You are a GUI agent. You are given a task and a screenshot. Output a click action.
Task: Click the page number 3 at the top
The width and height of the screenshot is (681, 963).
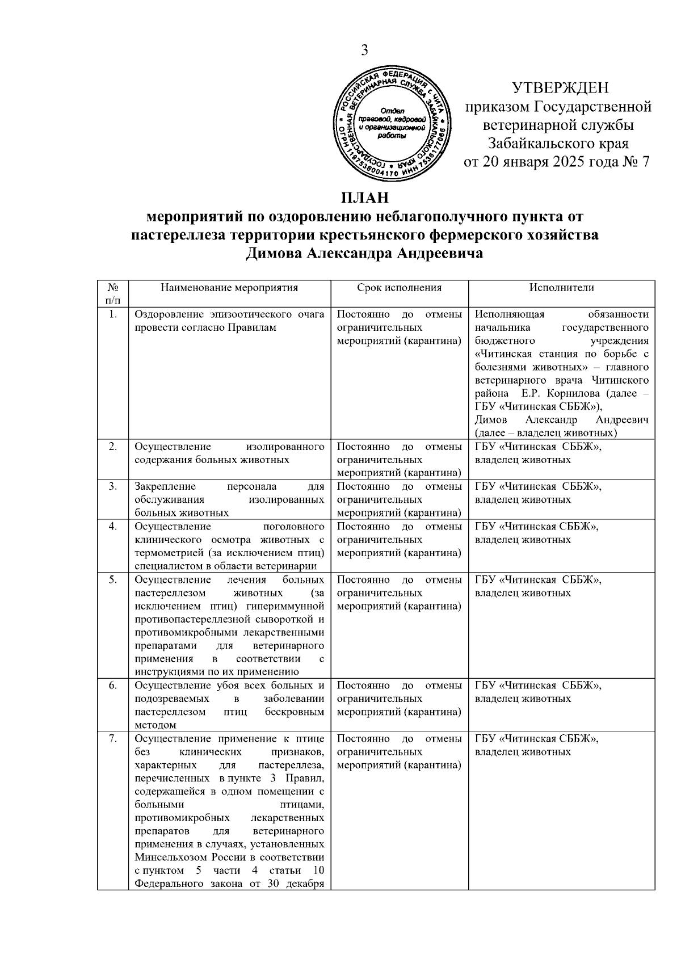tap(364, 51)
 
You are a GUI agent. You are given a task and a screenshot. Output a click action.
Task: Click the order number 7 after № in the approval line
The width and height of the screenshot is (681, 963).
tap(645, 162)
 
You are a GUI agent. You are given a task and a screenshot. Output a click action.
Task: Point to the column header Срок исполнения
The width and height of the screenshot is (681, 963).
tap(399, 288)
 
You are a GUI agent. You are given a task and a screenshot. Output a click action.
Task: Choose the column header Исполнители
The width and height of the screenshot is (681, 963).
tap(561, 288)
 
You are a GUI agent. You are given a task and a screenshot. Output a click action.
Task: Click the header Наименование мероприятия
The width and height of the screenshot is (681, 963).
tap(229, 288)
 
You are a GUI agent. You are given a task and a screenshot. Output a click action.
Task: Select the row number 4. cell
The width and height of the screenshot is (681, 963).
tap(113, 527)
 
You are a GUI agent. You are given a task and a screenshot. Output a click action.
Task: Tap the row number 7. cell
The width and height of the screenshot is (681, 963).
tap(113, 739)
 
